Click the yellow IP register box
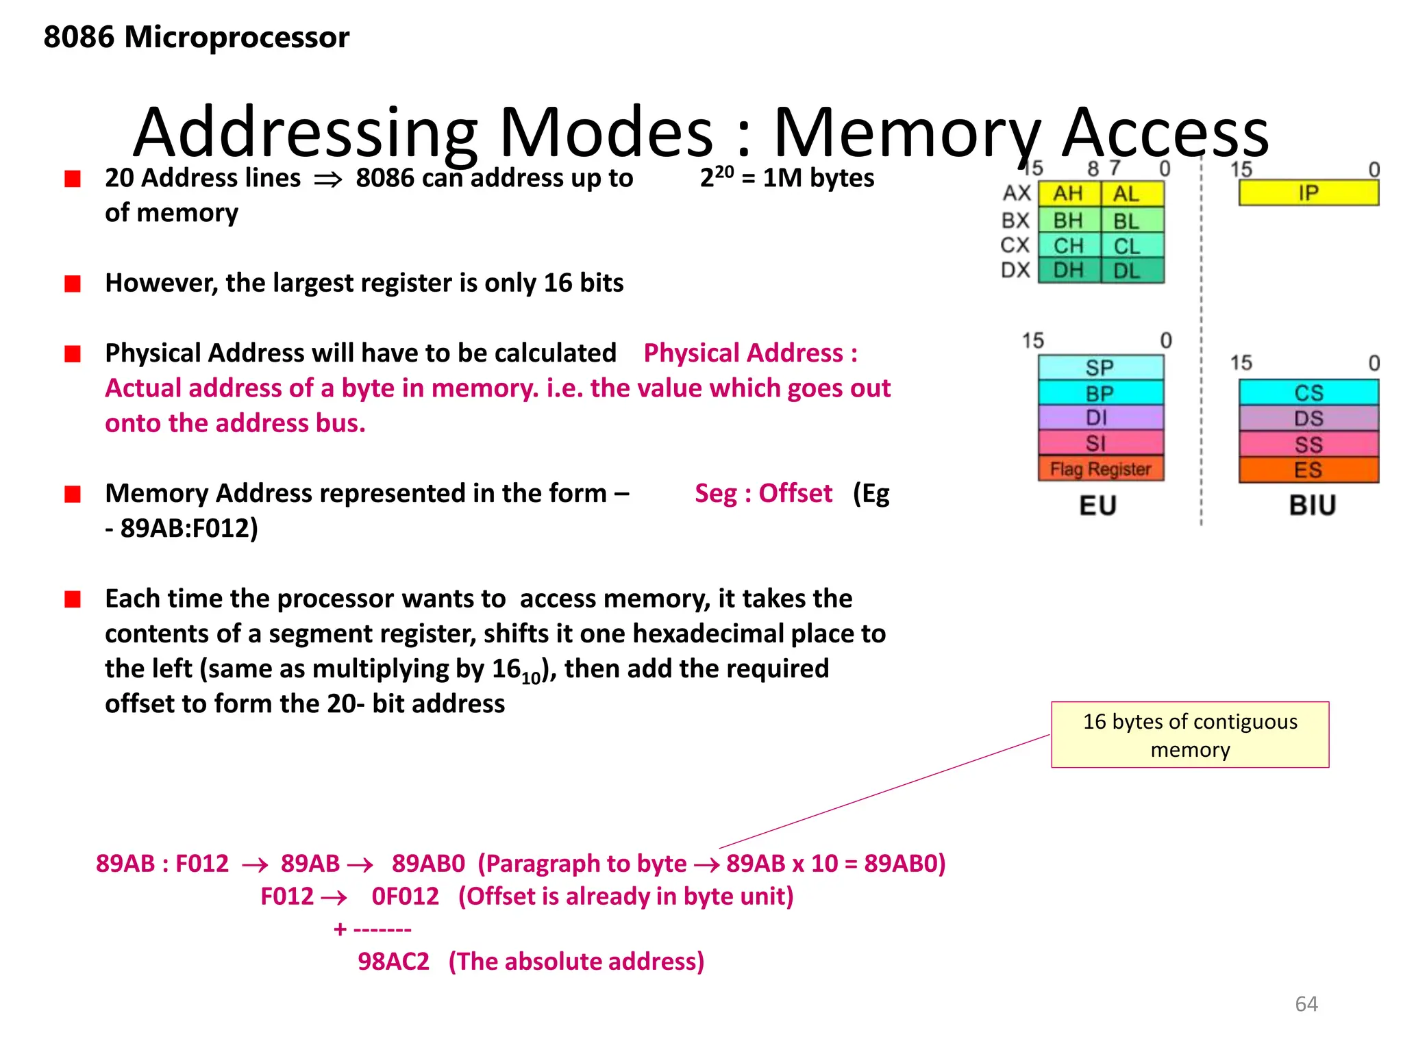[1308, 193]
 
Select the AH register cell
[1069, 194]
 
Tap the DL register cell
[1127, 271]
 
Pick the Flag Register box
[1100, 469]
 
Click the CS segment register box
[1308, 392]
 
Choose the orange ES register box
[1308, 471]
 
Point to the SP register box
[1100, 368]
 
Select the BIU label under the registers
[1312, 505]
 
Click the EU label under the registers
[1098, 505]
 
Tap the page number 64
[1306, 1003]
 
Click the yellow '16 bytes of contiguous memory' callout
[1190, 735]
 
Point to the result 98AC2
[393, 962]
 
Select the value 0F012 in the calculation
[405, 897]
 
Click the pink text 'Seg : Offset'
[763, 493]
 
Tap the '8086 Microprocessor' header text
[196, 37]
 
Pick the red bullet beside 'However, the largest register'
[73, 284]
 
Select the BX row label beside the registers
[1015, 221]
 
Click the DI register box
[1100, 418]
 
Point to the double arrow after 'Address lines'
[327, 180]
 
